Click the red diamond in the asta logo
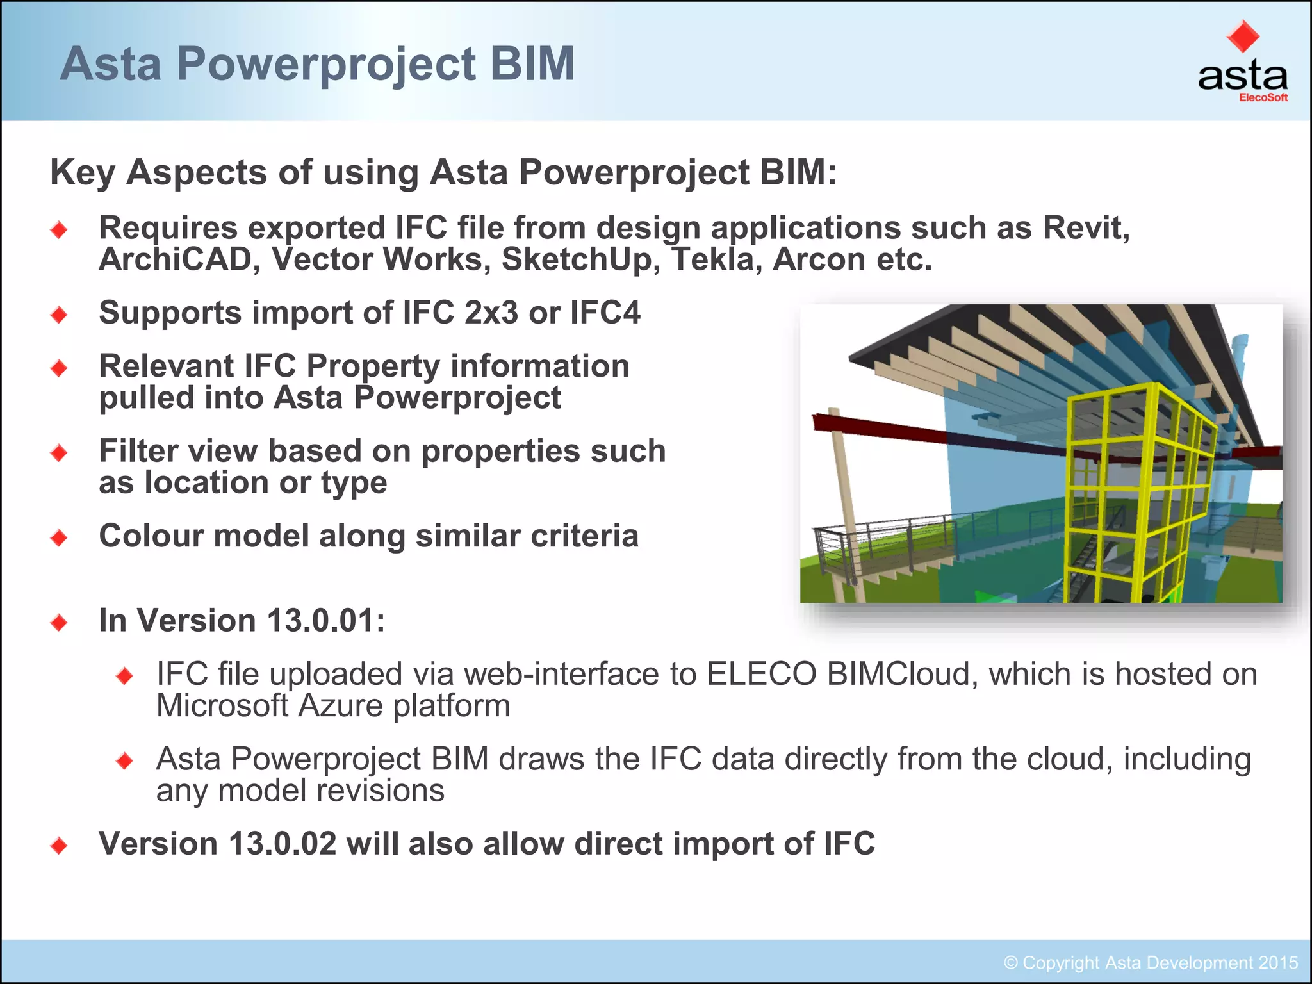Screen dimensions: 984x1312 [1242, 37]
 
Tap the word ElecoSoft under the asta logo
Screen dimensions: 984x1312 [1263, 98]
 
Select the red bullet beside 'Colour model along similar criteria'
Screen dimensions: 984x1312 [59, 537]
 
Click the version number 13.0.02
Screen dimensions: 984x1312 [283, 844]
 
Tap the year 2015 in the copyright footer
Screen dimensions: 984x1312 [1277, 963]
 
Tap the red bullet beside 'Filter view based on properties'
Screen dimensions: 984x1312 [59, 453]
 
